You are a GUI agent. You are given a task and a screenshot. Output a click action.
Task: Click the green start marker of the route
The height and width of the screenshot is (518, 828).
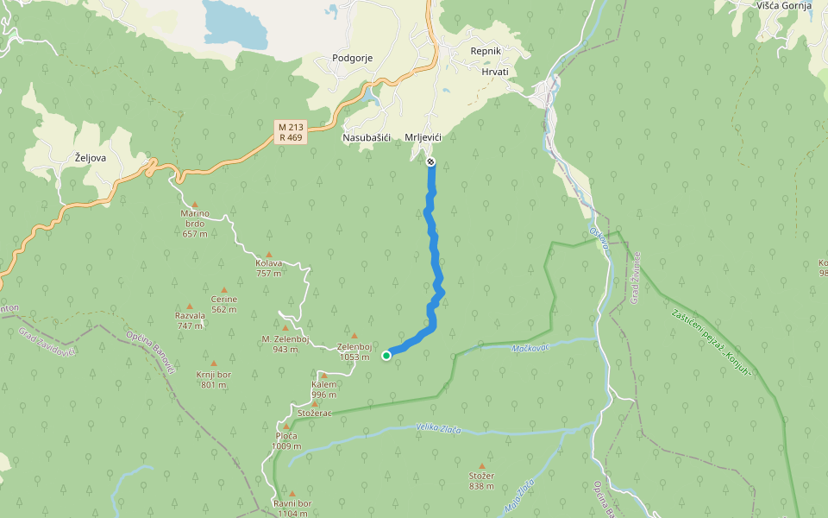click(386, 355)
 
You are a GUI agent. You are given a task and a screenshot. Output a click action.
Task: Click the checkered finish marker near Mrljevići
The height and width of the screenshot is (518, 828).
click(430, 161)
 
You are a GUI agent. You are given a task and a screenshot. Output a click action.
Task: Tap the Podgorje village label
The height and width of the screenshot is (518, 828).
click(352, 58)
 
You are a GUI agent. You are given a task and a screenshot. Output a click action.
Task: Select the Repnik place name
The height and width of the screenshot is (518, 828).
click(486, 51)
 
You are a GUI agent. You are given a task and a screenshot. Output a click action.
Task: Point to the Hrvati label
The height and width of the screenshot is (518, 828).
click(494, 71)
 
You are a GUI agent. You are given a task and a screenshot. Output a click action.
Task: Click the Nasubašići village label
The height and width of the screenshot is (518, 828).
click(367, 137)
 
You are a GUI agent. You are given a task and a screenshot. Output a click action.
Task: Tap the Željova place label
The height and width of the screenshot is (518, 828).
click(91, 157)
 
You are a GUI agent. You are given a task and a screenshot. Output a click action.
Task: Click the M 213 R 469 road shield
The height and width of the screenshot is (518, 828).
click(290, 131)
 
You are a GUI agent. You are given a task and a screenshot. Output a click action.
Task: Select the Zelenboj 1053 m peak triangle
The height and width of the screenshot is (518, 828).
click(354, 335)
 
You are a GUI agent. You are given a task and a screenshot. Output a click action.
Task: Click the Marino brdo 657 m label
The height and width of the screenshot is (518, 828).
click(195, 224)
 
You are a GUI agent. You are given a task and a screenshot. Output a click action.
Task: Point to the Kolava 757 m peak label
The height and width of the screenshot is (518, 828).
click(269, 268)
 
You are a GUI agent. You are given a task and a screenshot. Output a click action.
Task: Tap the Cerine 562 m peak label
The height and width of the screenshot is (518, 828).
click(223, 304)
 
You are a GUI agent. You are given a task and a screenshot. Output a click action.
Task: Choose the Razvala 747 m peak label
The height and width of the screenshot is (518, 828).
click(190, 320)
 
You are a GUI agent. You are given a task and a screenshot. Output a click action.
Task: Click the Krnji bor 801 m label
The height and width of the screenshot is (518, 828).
click(213, 380)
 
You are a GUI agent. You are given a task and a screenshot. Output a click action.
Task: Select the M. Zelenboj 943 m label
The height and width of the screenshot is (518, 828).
click(285, 344)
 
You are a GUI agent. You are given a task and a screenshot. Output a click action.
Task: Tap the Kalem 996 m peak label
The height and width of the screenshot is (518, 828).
click(323, 389)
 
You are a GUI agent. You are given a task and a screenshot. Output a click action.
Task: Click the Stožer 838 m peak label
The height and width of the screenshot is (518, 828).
click(481, 480)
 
